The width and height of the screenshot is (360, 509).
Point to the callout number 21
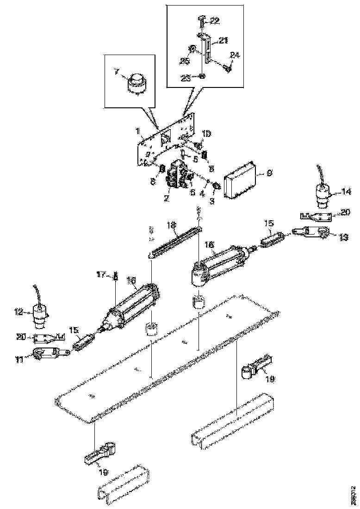pos(223,41)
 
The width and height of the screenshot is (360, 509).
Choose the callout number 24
pos(235,55)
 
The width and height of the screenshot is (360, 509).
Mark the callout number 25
pos(185,62)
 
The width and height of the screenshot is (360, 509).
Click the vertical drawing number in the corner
pos(354,494)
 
